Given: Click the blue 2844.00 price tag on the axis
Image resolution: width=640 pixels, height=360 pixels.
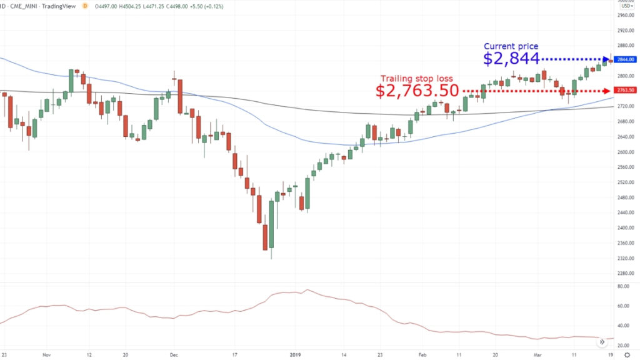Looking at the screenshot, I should tap(625, 59).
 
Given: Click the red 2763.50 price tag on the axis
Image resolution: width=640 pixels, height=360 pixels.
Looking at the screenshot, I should tap(625, 90).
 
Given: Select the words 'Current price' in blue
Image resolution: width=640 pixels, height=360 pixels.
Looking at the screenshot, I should tap(511, 46).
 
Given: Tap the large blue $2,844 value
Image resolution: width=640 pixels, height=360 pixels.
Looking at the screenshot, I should tap(511, 59).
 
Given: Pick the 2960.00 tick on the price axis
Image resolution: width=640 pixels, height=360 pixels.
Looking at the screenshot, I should tap(625, 15).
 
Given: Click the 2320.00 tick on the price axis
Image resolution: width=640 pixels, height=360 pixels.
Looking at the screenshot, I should tap(625, 258).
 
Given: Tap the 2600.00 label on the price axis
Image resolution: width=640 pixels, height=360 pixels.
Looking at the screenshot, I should tap(625, 152).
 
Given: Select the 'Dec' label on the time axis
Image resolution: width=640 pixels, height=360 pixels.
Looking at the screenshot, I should tap(173, 353).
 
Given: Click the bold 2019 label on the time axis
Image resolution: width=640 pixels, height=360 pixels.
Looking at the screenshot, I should tap(296, 353).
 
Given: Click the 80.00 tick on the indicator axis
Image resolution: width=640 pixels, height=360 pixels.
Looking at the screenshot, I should tap(623, 286).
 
